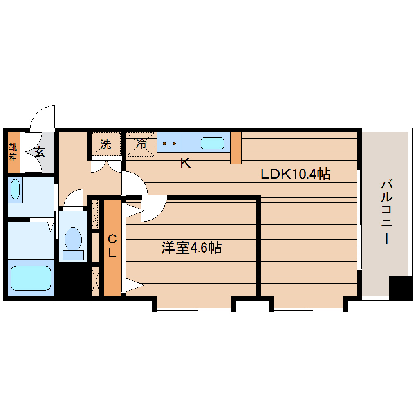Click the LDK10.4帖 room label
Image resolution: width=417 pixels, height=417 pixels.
(296, 175)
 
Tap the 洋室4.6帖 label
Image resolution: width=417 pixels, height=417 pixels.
(192, 248)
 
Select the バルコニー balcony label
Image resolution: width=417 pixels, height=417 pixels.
(386, 212)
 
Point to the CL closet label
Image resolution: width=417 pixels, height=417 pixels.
(112, 245)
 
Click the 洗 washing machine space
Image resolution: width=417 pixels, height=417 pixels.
(106, 144)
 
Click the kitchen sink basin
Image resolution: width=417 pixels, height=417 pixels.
(212, 143)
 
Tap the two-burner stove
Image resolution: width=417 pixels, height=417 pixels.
(170, 143)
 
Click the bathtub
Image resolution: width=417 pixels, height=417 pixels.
(31, 278)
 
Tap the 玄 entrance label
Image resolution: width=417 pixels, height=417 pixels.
(39, 152)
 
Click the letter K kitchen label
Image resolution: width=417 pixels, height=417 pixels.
(185, 164)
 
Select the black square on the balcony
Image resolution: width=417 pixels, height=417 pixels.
(399, 288)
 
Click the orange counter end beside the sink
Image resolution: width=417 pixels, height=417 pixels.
(236, 148)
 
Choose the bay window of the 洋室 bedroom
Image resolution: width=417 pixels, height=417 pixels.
(194, 303)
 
